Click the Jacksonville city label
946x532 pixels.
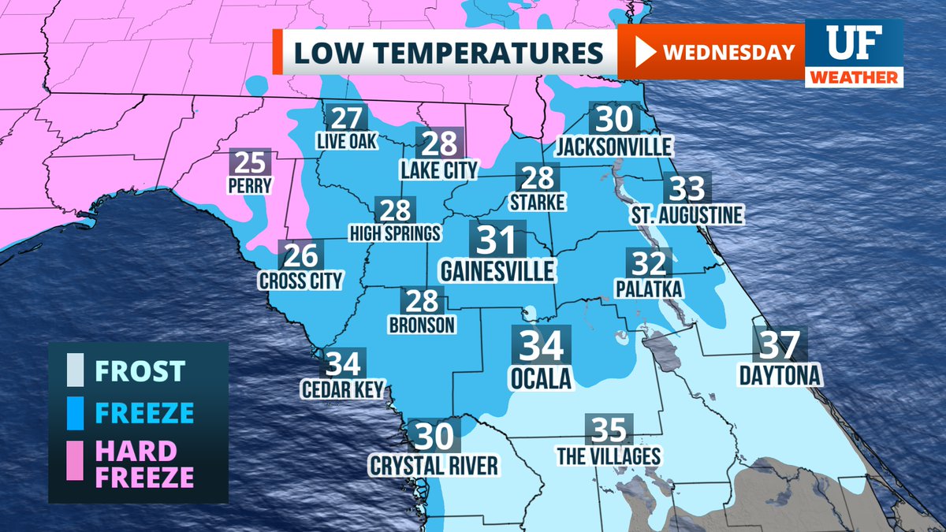click(614, 147)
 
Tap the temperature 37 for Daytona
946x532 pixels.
click(780, 345)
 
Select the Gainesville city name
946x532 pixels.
click(497, 272)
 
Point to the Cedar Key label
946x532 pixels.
click(342, 389)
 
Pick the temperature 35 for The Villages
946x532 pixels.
click(609, 430)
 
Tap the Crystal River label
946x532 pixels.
click(434, 465)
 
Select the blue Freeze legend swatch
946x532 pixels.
click(76, 412)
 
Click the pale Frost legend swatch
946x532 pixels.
click(76, 370)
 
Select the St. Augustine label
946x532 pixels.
click(686, 215)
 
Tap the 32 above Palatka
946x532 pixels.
click(648, 262)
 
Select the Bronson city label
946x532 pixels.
click(422, 324)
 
